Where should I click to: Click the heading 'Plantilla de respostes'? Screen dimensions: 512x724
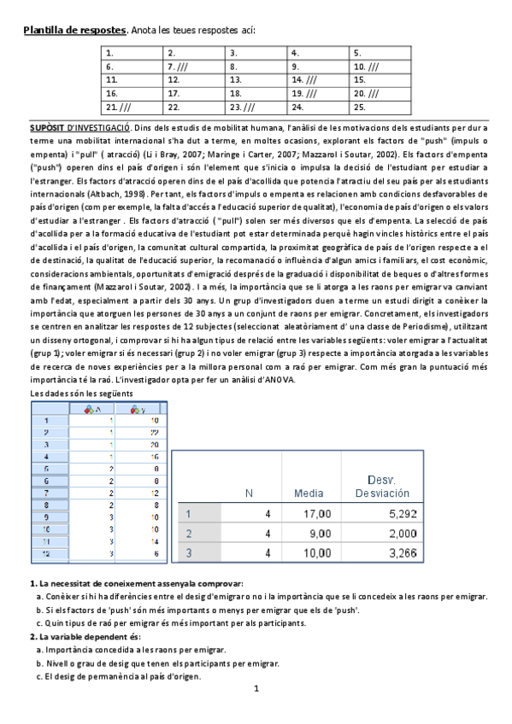click(x=74, y=31)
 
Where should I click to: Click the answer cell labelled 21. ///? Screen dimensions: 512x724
click(x=135, y=108)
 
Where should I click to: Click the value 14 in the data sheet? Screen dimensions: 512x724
click(x=152, y=542)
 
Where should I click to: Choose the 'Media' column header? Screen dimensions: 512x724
click(x=308, y=493)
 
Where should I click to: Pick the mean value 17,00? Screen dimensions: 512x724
click(x=315, y=514)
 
